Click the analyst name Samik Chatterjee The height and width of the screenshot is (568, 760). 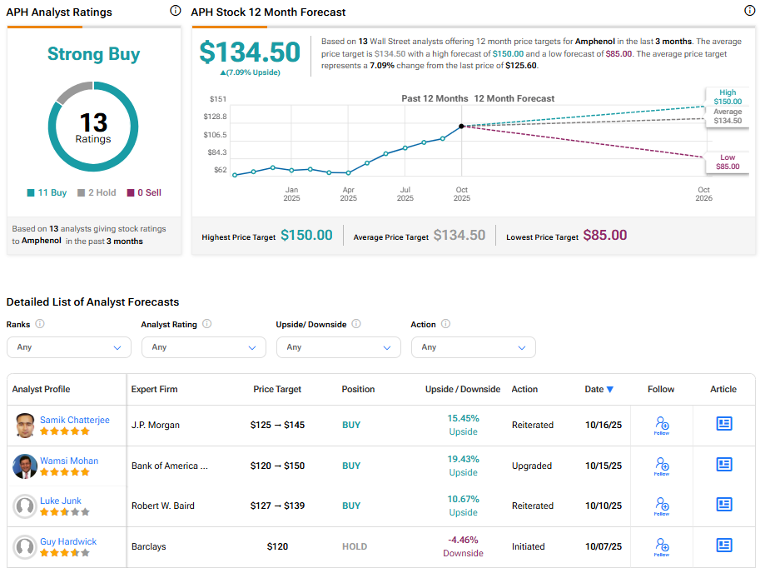click(74, 420)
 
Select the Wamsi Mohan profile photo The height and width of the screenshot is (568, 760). click(25, 466)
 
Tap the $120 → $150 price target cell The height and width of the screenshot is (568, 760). click(277, 466)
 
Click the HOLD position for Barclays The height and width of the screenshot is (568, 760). click(354, 546)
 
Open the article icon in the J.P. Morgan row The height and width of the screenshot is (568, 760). click(724, 424)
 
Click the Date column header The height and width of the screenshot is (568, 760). click(599, 389)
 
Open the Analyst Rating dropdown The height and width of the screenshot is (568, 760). click(203, 347)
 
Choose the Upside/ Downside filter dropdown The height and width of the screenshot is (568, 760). click(338, 347)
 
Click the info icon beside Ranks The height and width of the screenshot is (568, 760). click(40, 324)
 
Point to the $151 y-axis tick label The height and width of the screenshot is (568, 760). click(217, 99)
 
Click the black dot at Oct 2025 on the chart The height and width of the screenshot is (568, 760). click(461, 127)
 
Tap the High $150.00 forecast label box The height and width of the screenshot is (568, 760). click(727, 97)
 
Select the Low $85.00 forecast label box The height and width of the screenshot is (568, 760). click(727, 162)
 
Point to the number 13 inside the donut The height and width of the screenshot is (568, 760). click(93, 123)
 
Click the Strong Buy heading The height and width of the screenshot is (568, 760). click(93, 55)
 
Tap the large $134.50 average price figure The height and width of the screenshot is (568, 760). click(250, 52)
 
